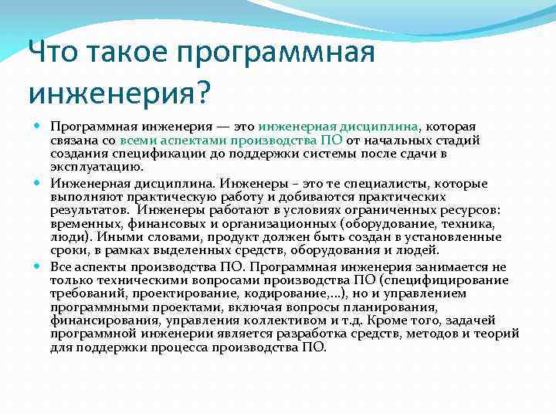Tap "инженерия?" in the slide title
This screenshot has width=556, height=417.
point(119,92)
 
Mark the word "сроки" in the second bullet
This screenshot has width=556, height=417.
point(67,250)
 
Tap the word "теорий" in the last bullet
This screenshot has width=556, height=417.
point(499,334)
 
